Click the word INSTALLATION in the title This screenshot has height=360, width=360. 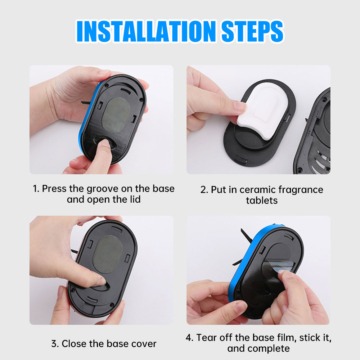146,31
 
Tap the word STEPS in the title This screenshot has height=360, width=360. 252,31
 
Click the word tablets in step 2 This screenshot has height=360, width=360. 262,201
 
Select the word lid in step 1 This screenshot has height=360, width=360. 135,199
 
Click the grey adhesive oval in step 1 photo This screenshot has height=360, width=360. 116,115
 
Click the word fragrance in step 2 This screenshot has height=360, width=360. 301,190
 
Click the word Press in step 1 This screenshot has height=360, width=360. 54,189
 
